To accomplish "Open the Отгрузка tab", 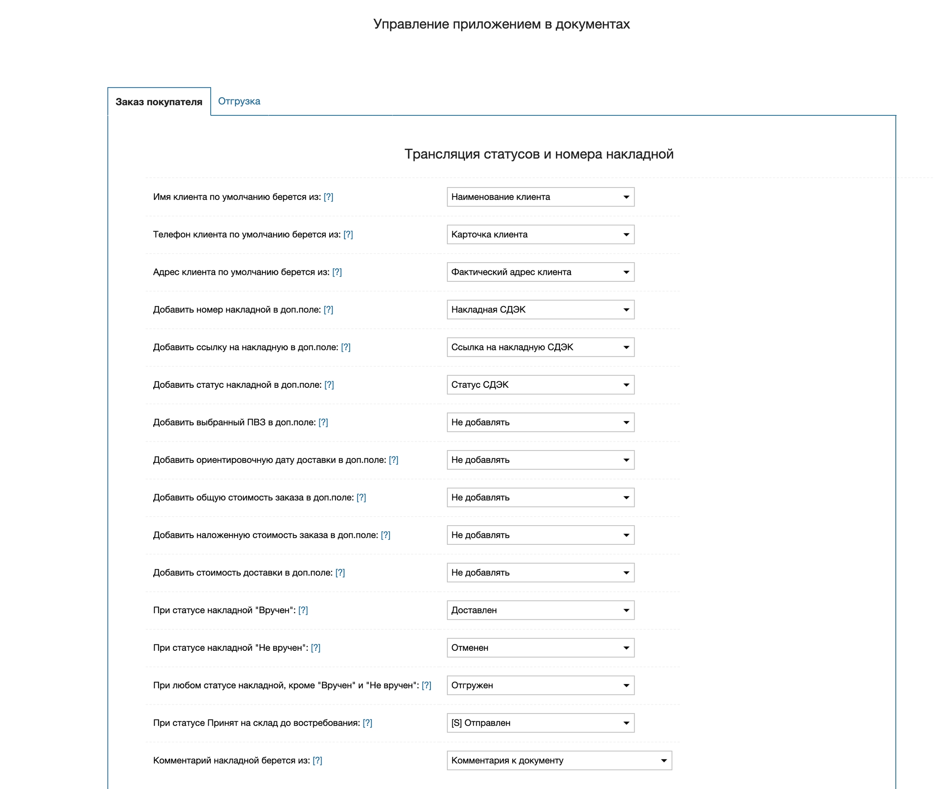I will (239, 102).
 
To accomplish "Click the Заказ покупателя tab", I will (159, 102).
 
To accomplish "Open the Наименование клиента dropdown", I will (540, 197).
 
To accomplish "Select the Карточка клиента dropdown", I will (540, 235).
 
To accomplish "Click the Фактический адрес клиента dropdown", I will (540, 272).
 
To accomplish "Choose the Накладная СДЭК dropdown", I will (540, 310).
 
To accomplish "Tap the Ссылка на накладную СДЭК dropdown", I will (540, 347).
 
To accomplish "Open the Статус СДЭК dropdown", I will (540, 385).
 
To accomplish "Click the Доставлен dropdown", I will (540, 610).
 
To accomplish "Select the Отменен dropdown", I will (540, 648).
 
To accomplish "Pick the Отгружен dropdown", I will (540, 686).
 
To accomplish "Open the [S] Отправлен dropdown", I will (540, 723).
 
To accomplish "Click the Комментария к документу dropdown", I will (559, 761).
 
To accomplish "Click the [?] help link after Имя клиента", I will (328, 197).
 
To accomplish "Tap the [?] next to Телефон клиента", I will (348, 235).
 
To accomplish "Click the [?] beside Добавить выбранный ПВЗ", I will (323, 423).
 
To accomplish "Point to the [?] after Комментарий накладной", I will (317, 761).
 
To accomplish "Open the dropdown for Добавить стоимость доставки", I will (540, 573).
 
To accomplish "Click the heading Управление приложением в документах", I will (501, 24).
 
